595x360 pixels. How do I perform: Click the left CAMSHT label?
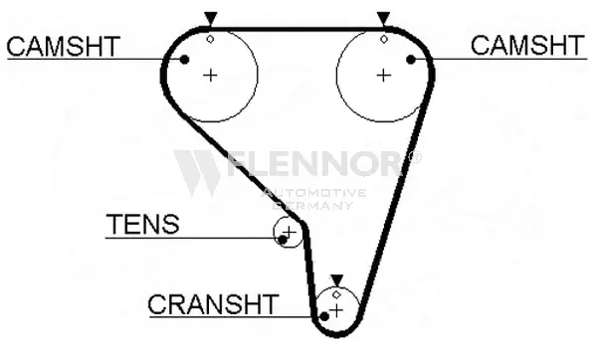pos(64,47)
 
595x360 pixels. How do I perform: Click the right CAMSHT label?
pos(527,45)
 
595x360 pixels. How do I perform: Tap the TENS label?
pos(142,224)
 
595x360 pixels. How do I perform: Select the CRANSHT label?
pos(213,304)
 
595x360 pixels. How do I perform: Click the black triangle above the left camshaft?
pos(210,19)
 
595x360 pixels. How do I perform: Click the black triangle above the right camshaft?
pos(383,19)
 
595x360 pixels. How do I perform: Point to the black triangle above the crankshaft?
pos(336,280)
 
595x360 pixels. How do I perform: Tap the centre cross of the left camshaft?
pos(210,76)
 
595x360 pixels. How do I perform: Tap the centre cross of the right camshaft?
pos(384,76)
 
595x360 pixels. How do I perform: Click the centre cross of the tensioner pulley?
pos(290,232)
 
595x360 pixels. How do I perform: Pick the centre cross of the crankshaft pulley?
pos(336,310)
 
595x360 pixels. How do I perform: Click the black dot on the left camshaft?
pos(184,60)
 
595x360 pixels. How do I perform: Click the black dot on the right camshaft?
pos(411,60)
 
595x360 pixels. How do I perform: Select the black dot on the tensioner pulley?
pos(283,240)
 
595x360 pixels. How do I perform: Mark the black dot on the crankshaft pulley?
pos(324,316)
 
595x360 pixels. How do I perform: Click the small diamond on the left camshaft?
pos(210,39)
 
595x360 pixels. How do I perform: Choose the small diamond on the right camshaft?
pos(384,39)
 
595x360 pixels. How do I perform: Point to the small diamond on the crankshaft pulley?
pos(336,294)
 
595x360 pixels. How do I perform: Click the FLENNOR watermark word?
pos(315,163)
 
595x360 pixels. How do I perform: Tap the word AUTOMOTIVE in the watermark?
pos(315,193)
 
